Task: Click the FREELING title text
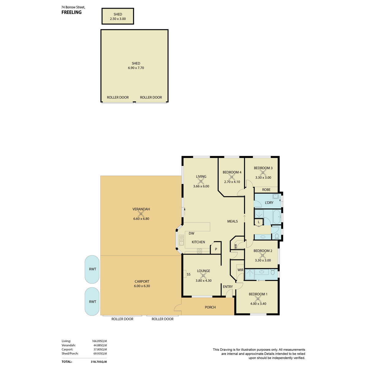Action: pos(71,12)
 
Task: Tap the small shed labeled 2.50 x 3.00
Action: pos(118,16)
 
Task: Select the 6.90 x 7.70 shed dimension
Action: pos(136,68)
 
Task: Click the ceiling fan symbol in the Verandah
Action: pos(141,214)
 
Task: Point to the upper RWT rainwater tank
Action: pos(92,269)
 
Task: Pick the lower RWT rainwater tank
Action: pos(92,301)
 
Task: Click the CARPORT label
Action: pos(142,281)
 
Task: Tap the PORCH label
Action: pos(210,307)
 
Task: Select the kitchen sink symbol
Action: pos(181,240)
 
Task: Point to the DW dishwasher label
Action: pos(191,233)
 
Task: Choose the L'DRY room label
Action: pos(269,203)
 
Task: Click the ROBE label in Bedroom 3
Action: pos(266,190)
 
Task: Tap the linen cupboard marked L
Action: pos(259,223)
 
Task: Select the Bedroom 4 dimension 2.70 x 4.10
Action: pos(232,182)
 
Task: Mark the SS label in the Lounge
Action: pos(189,274)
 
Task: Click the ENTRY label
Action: pos(228,287)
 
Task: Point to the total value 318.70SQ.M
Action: pos(99,362)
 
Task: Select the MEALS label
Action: pos(232,221)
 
